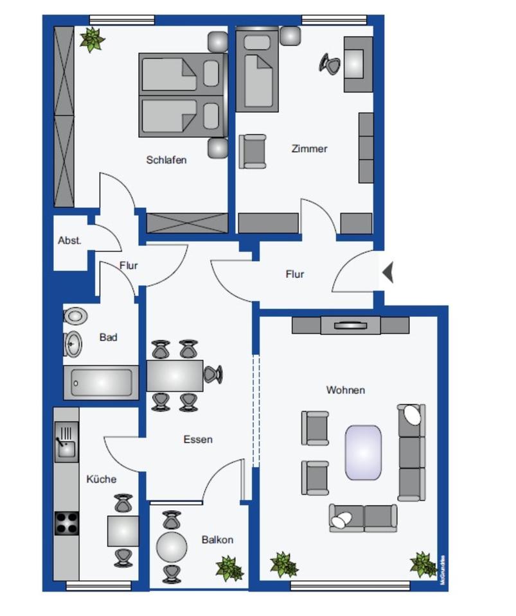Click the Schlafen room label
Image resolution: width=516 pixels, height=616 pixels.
tap(166, 160)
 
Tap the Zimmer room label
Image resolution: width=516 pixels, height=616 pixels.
tap(309, 148)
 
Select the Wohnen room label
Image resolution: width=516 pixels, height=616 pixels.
tap(345, 389)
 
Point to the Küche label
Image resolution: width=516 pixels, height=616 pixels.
tap(102, 479)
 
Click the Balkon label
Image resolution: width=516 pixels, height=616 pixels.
tap(217, 540)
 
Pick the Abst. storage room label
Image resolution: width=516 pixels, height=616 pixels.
tap(69, 241)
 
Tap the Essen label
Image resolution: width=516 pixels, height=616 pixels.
tap(198, 440)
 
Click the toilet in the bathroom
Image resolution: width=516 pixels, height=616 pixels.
tap(75, 316)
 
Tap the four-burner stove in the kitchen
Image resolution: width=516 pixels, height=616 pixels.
tap(66, 523)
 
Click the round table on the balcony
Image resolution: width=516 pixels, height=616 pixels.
tap(172, 547)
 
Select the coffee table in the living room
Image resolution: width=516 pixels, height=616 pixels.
tap(363, 452)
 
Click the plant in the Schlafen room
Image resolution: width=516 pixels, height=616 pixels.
tap(92, 39)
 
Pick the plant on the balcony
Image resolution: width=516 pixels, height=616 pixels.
tap(229, 568)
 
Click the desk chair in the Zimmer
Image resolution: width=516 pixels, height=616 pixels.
tap(330, 63)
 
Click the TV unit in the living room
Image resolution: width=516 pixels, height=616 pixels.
tap(350, 325)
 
